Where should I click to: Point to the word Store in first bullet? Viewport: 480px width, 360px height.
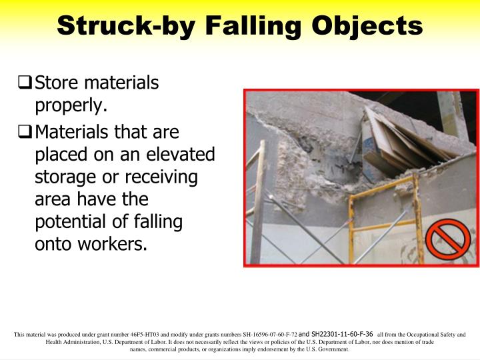click(56, 83)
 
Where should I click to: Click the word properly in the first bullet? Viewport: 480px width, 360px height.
click(69, 105)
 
